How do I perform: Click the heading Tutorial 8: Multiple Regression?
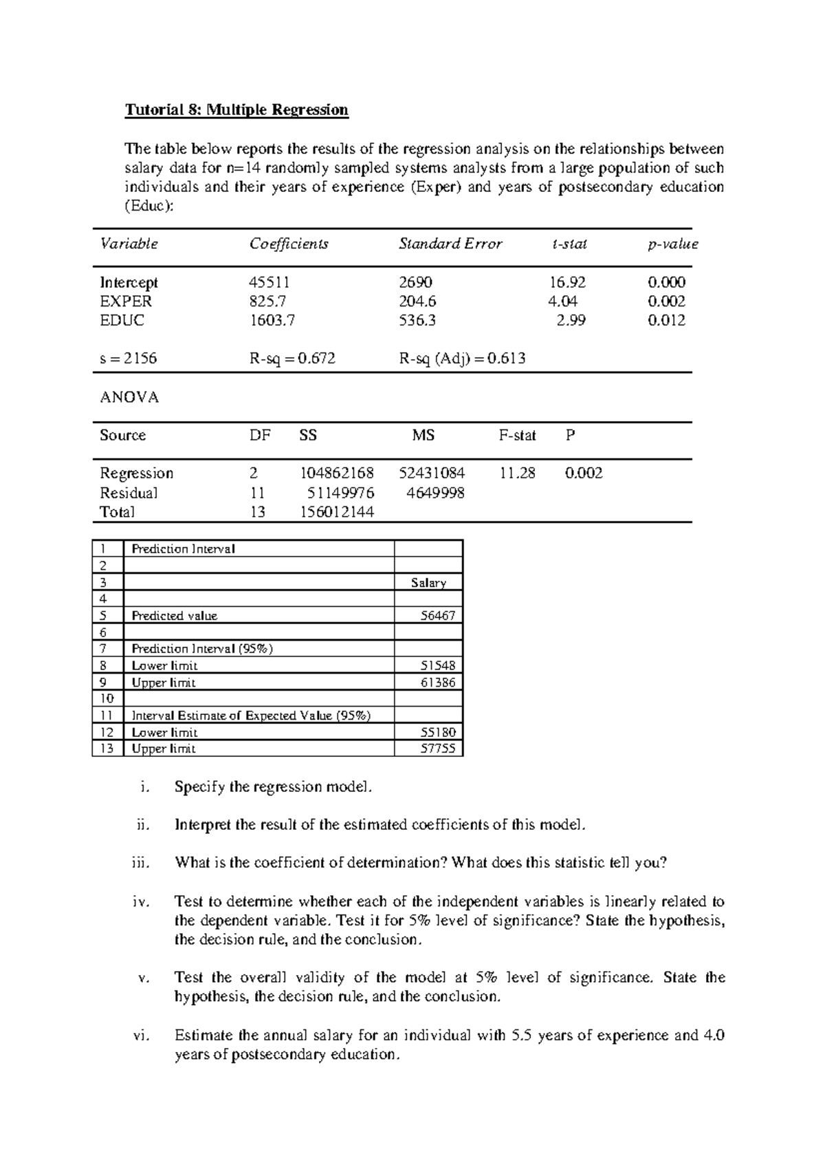tap(236, 110)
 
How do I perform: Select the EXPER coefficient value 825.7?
tap(268, 301)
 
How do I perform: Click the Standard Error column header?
tap(450, 244)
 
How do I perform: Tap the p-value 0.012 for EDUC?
tap(666, 320)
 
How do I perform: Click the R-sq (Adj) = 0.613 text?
tap(462, 358)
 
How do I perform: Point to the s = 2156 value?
tap(129, 358)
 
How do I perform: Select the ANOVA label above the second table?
tap(129, 398)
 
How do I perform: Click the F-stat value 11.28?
tap(517, 473)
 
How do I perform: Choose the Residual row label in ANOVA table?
tap(129, 493)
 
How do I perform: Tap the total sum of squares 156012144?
tap(337, 512)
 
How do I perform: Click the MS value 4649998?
tap(435, 493)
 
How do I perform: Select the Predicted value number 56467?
tap(438, 616)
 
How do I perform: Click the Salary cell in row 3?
tap(428, 583)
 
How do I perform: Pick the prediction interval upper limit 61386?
tap(438, 683)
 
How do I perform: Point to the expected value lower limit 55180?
tap(438, 732)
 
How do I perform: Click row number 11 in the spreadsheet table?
tap(107, 716)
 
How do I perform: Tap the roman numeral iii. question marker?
tap(140, 863)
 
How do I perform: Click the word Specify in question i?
tap(199, 787)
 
